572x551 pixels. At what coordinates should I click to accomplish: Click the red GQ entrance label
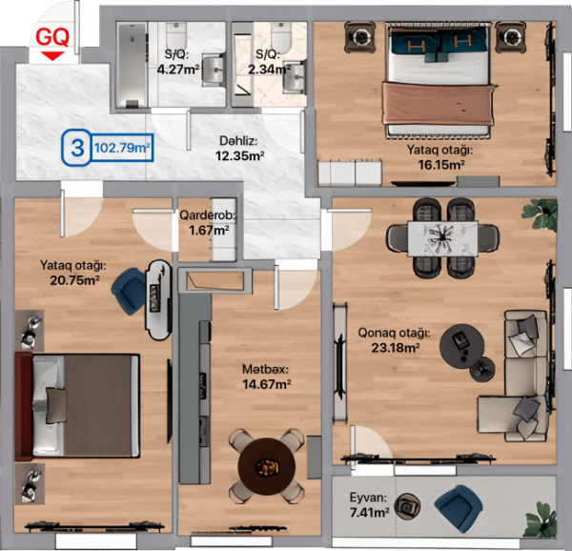tap(52, 37)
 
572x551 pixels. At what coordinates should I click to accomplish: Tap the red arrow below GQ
tap(52, 56)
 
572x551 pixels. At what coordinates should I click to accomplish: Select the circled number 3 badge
tap(76, 148)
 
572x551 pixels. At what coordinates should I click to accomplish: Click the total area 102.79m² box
tap(122, 148)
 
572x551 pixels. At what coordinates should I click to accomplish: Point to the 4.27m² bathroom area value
tap(178, 69)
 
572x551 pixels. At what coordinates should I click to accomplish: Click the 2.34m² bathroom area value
tap(269, 69)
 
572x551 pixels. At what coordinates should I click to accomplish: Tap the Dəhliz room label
tap(238, 141)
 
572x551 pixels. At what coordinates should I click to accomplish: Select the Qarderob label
tap(208, 215)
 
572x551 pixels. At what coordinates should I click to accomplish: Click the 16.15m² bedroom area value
tap(441, 165)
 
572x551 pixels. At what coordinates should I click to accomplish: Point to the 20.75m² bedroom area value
tap(74, 280)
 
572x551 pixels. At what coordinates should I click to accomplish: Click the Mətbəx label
tap(266, 370)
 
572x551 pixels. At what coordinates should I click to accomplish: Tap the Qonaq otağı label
tap(394, 333)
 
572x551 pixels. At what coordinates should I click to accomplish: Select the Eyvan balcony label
tap(368, 498)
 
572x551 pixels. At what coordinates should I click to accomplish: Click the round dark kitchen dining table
tap(267, 466)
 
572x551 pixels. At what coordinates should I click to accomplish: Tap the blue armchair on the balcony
tap(459, 507)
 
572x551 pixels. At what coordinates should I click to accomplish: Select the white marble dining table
tap(442, 239)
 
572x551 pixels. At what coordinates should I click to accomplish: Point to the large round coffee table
tap(461, 346)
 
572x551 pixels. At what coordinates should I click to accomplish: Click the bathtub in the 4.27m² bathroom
tap(132, 65)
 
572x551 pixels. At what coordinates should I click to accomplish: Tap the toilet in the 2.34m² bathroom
tap(281, 37)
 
